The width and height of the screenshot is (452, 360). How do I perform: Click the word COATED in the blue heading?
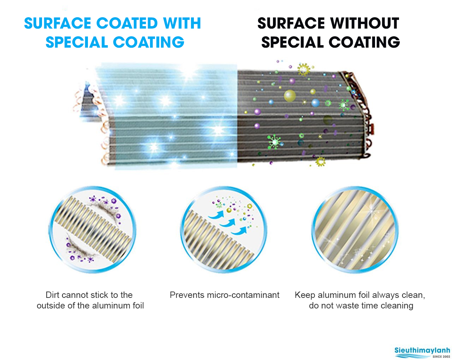127,23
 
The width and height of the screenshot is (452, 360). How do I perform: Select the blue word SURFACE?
58,23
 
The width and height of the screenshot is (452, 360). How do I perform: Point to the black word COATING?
364,42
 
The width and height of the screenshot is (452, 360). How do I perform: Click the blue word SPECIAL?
77,42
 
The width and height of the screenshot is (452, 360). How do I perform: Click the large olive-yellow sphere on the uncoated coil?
290,96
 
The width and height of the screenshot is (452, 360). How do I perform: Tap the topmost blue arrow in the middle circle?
216,215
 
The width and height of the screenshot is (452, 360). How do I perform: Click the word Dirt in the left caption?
53,295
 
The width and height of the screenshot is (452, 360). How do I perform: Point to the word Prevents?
187,295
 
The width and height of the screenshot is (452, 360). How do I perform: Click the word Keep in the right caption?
305,295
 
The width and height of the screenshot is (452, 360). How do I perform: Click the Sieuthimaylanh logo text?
422,350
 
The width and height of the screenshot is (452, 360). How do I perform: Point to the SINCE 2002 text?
441,356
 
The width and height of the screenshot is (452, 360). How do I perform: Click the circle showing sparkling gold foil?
355,229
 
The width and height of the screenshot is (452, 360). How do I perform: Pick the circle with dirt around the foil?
93,229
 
